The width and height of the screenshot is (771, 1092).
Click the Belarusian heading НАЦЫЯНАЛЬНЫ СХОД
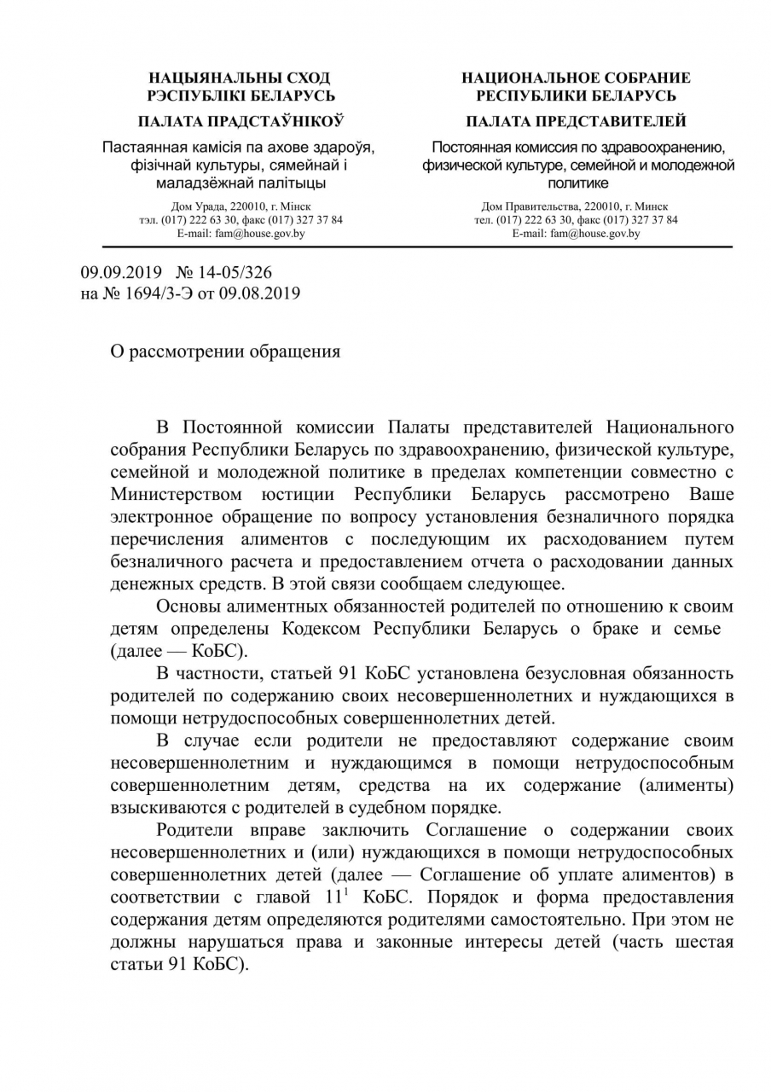click(x=240, y=78)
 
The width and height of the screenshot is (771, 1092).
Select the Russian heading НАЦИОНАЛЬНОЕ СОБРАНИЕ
click(x=577, y=78)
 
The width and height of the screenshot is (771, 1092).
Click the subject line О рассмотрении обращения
click(x=226, y=351)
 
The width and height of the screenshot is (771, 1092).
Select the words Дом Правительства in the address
click(x=524, y=206)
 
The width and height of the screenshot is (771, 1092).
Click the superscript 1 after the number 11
click(x=350, y=892)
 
